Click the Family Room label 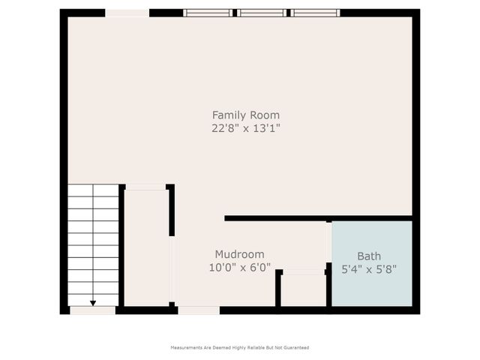click(245, 115)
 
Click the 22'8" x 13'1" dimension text click(245, 128)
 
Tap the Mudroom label click(239, 254)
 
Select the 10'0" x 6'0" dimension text click(239, 267)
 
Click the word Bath click(369, 256)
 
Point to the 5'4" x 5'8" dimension click(369, 268)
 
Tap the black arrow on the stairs click(93, 301)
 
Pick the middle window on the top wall click(262, 13)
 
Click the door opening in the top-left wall click(127, 13)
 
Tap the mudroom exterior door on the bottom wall click(199, 310)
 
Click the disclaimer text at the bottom click(240, 347)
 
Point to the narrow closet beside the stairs click(145, 247)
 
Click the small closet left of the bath click(304, 289)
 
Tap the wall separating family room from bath click(319, 218)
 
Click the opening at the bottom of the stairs click(93, 310)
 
